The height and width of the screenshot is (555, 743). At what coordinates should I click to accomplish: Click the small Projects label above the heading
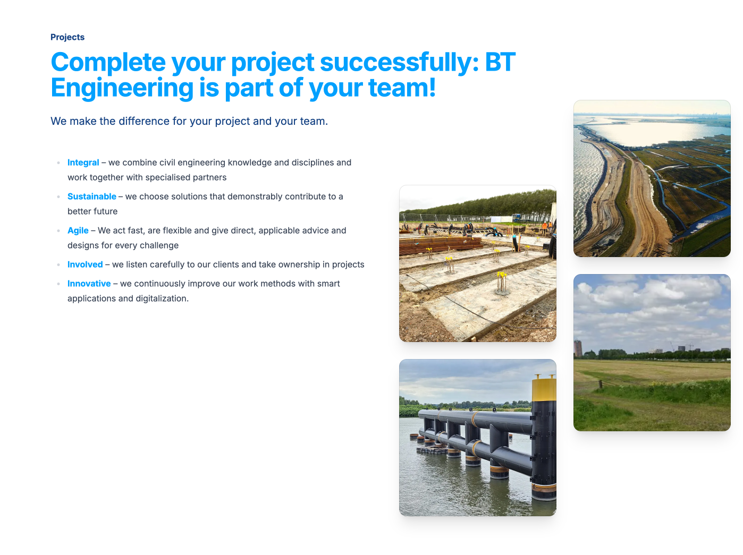(67, 37)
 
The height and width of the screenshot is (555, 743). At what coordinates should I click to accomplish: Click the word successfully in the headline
(395, 63)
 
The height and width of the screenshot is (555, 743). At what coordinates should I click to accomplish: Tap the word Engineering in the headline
(122, 88)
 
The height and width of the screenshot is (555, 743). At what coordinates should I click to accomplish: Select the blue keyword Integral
(83, 163)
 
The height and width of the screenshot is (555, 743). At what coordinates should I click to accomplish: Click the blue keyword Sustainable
(91, 197)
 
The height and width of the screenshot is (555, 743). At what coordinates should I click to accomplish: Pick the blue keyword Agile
(78, 230)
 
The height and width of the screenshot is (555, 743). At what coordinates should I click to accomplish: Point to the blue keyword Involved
(85, 264)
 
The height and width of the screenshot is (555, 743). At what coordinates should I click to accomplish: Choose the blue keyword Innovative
(89, 284)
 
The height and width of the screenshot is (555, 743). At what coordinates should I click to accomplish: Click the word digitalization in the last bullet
(162, 298)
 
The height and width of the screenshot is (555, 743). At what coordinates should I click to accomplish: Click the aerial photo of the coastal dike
(652, 178)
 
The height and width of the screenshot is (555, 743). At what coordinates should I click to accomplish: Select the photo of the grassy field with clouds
(652, 353)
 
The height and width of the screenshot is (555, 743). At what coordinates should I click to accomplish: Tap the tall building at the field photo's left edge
(578, 348)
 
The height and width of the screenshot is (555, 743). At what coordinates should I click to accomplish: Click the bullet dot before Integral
(58, 163)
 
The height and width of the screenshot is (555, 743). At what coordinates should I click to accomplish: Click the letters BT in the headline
(500, 63)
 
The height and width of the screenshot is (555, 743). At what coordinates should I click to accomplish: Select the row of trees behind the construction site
(478, 204)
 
